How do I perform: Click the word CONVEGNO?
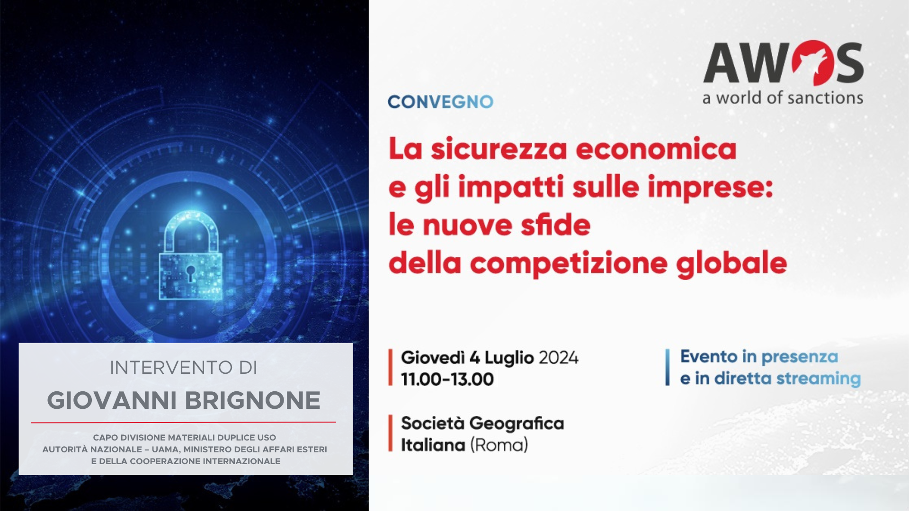coord(440,102)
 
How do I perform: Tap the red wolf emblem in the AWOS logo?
coord(812,62)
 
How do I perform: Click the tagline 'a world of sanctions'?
coord(783,97)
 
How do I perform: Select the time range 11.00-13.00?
coord(447,379)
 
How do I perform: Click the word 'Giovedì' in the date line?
coord(433,358)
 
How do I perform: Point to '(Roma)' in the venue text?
coord(499,445)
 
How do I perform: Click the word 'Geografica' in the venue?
coord(517,423)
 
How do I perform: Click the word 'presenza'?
coord(800,357)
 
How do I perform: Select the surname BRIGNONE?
coord(252,401)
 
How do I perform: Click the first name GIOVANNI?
coord(112,401)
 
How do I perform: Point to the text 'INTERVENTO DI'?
coord(184,368)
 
